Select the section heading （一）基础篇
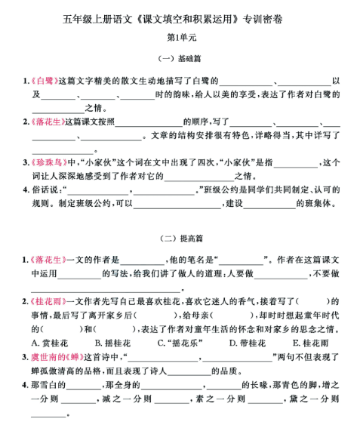180,58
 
